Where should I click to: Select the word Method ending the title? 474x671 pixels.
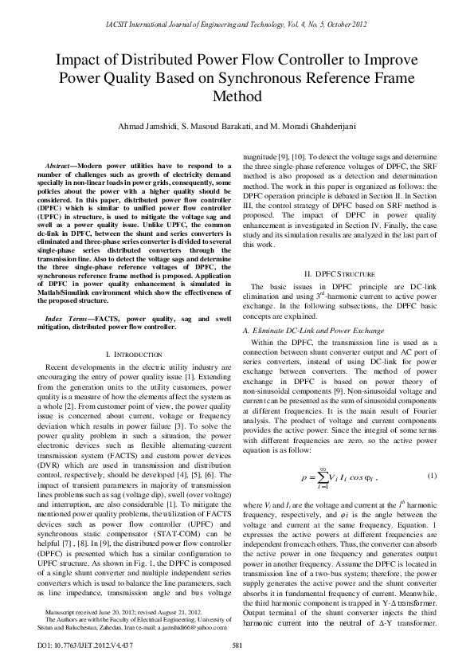click(237, 97)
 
